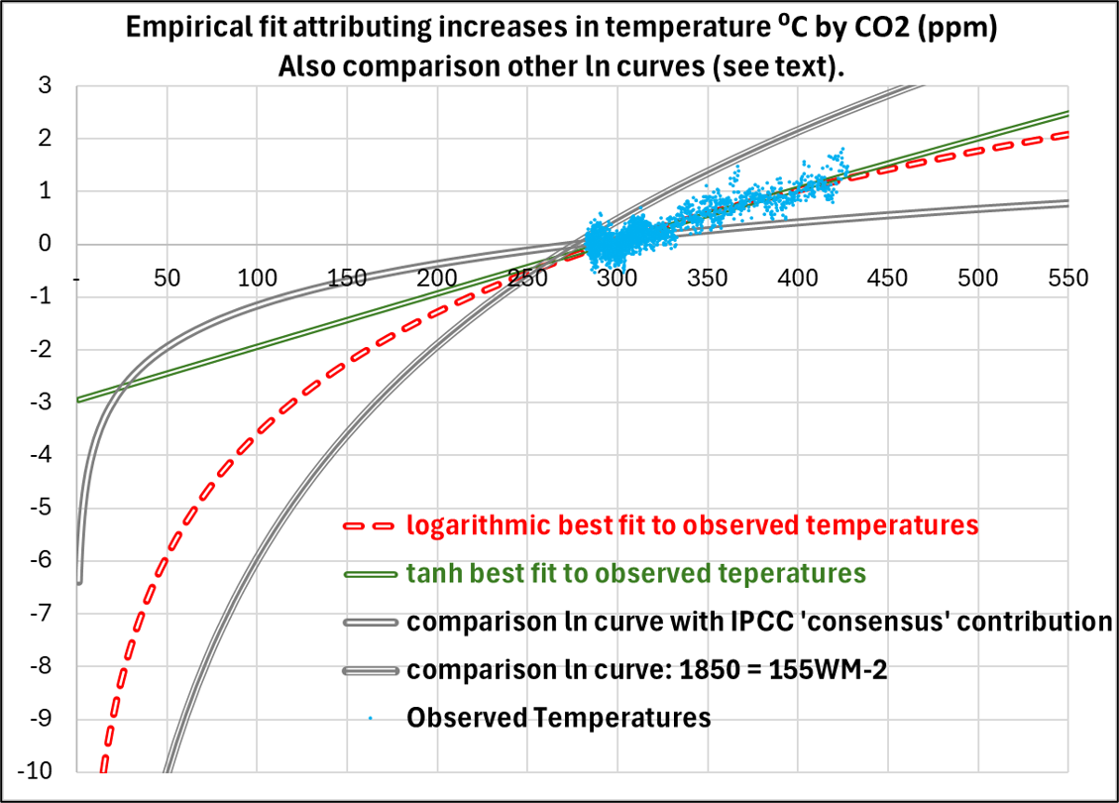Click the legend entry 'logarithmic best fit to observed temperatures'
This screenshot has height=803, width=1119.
pos(693,524)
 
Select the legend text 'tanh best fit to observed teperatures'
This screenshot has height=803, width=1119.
pos(636,573)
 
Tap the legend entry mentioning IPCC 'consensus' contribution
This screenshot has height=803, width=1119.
pos(758,622)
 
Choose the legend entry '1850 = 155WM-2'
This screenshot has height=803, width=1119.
pos(646,669)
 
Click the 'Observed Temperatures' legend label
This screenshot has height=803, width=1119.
pos(559,717)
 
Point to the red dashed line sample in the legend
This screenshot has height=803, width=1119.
pos(370,525)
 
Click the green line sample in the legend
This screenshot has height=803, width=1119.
pos(370,574)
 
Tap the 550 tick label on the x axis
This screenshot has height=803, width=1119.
pos(1067,278)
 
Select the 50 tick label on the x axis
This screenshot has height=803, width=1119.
pos(168,278)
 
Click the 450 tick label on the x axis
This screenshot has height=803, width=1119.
pos(887,278)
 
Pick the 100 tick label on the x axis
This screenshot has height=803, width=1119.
pos(257,278)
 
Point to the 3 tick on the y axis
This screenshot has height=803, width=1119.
pos(46,86)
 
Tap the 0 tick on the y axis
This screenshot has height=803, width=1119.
pos(46,244)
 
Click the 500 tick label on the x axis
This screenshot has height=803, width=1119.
pos(977,278)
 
